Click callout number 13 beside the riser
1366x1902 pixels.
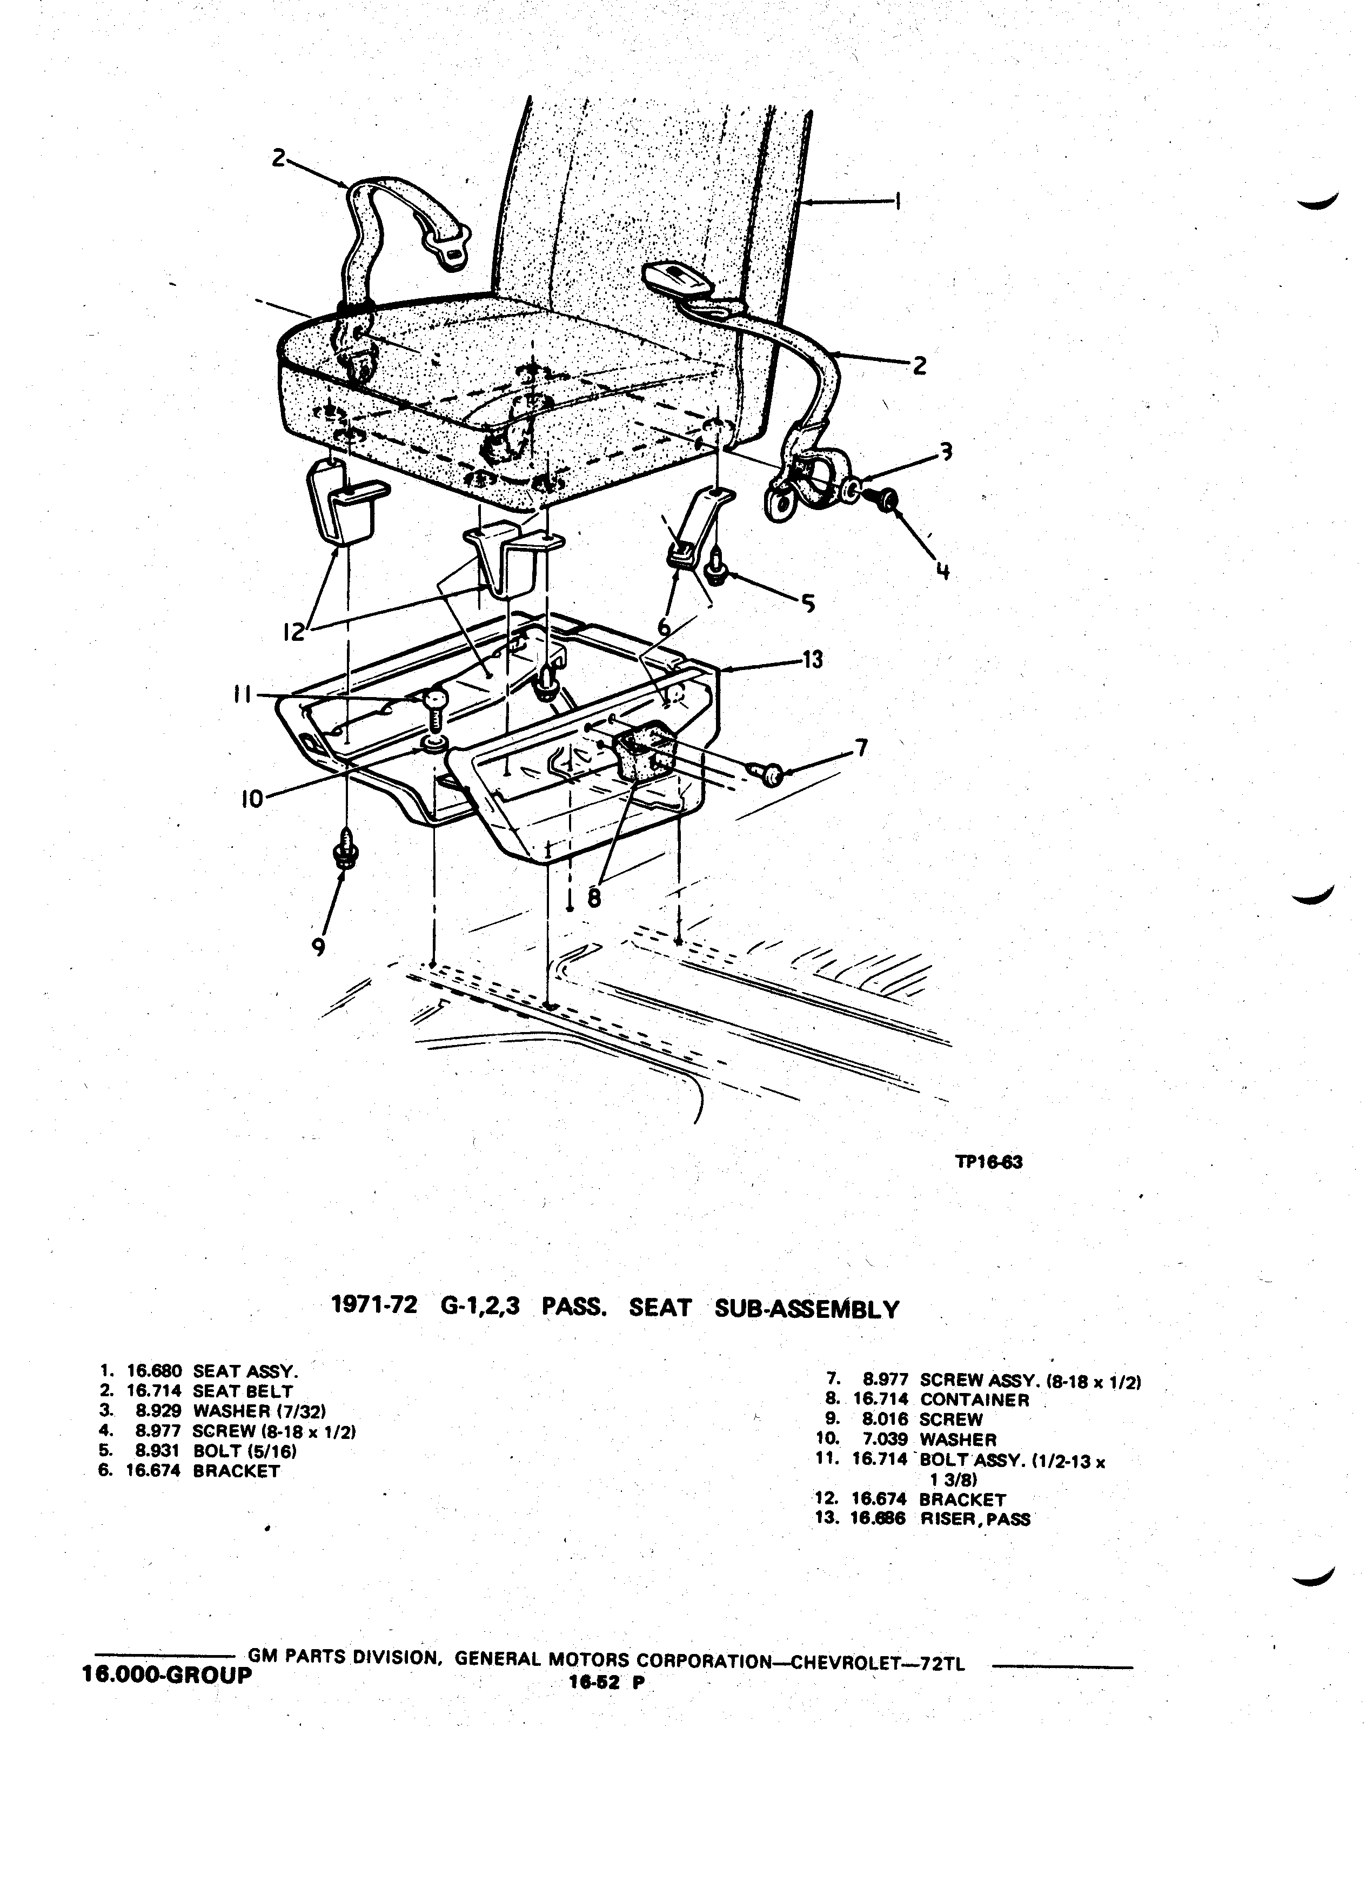812,659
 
